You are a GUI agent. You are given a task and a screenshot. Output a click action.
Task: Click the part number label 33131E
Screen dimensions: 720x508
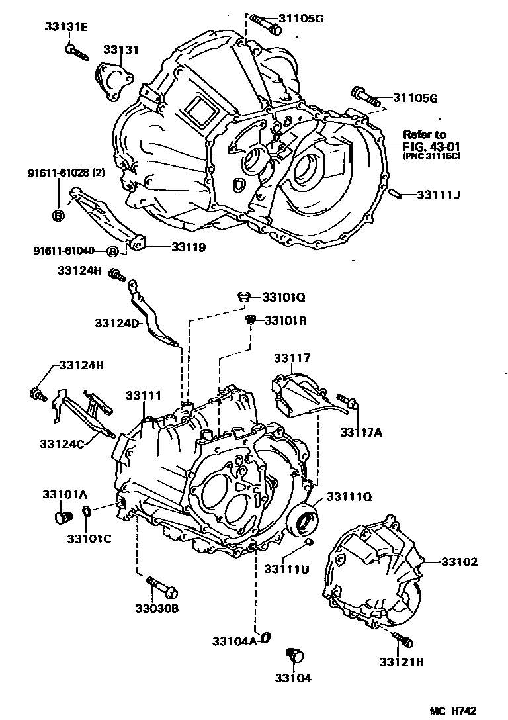[66, 27]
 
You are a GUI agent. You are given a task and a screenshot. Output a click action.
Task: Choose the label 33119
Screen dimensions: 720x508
[188, 247]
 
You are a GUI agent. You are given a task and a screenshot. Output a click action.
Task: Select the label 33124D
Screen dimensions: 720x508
[116, 323]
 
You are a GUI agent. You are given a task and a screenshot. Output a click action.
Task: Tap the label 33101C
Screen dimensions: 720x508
[88, 537]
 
